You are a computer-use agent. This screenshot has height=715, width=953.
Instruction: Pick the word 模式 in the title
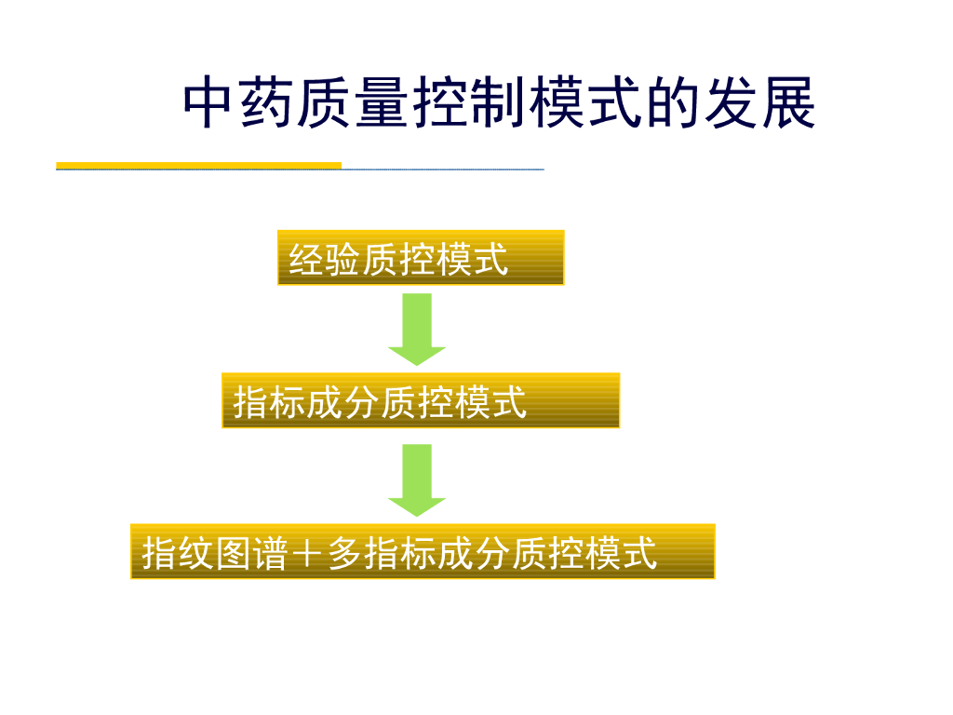[585, 103]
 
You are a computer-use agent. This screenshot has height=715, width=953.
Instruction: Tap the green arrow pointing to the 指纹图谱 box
[417, 479]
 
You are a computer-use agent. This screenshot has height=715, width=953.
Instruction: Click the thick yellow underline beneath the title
[198, 166]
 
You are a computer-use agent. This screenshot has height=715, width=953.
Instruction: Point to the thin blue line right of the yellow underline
[443, 169]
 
